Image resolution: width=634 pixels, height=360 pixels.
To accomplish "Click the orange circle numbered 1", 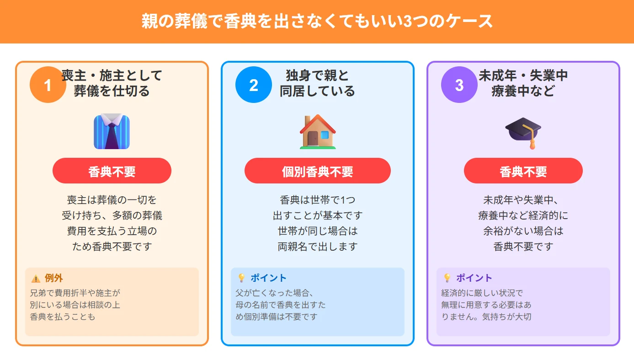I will click(x=48, y=85).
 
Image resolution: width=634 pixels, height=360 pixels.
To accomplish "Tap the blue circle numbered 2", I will click(x=254, y=85).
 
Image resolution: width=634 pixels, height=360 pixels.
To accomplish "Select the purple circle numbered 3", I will click(x=459, y=85).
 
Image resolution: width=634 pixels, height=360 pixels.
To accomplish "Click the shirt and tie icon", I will click(x=112, y=132).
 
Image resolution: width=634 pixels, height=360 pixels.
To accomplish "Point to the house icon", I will click(x=318, y=132).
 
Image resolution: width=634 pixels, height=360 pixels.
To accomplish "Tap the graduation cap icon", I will click(x=523, y=132).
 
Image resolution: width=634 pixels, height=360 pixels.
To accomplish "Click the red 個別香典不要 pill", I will click(x=318, y=171).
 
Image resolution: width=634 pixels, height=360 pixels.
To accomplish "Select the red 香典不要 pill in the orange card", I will click(x=112, y=171).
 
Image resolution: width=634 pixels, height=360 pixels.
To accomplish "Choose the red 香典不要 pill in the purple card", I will click(x=523, y=171).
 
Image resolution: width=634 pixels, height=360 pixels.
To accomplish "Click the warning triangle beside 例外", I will click(x=36, y=279).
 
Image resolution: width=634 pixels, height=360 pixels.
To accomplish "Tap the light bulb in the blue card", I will click(x=241, y=278).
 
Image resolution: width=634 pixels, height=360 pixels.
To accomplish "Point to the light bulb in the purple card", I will click(x=447, y=278).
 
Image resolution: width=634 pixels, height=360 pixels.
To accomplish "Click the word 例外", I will click(x=54, y=278).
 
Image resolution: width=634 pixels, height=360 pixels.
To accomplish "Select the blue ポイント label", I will click(x=268, y=278).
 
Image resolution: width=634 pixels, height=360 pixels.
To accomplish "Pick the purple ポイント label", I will click(x=474, y=278).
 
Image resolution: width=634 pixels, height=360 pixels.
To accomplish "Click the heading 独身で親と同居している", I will click(x=317, y=83).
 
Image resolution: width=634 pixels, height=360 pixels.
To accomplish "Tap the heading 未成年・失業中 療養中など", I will click(x=523, y=83).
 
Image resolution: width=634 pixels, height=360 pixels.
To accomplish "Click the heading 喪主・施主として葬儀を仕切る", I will click(x=112, y=83).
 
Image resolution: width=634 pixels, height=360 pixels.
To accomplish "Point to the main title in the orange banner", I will click(x=317, y=21).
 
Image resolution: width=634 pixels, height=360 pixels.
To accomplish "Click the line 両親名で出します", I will click(x=318, y=247).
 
